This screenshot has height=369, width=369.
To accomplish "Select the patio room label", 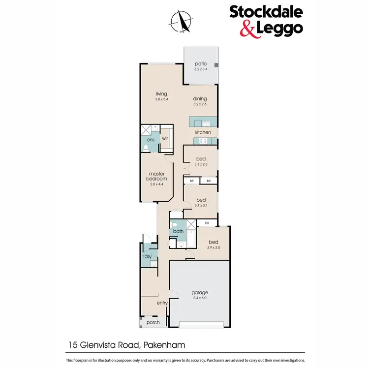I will pyautogui.click(x=200, y=64).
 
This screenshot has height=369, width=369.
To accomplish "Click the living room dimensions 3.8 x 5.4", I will pyautogui.click(x=162, y=100).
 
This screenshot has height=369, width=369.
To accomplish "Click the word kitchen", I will pyautogui.click(x=203, y=132).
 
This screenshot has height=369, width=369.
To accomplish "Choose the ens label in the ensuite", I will pyautogui.click(x=151, y=140).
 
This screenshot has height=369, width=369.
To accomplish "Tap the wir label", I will pyautogui.click(x=165, y=139).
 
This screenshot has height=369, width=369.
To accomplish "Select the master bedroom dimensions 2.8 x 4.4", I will pyautogui.click(x=159, y=184).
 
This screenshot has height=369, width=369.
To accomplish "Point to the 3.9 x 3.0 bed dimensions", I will pyautogui.click(x=214, y=248).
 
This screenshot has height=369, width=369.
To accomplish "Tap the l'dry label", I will pyautogui.click(x=147, y=257).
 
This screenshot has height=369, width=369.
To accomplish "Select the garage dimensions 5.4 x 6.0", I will pyautogui.click(x=199, y=299).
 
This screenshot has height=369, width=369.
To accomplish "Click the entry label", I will pyautogui.click(x=162, y=303).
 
